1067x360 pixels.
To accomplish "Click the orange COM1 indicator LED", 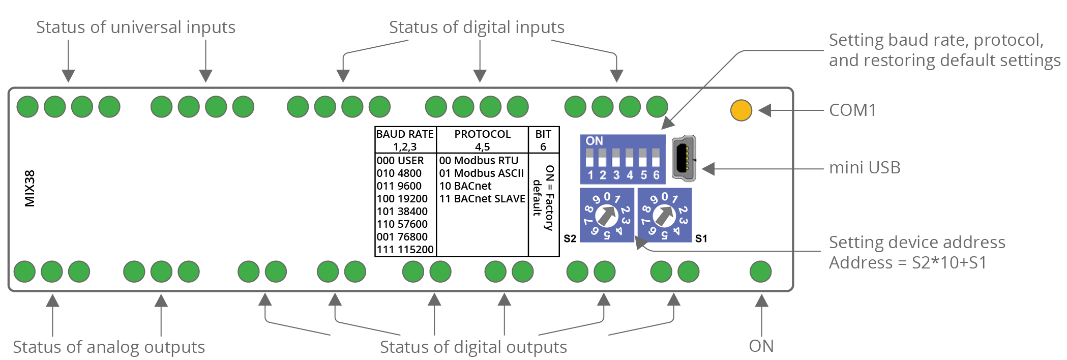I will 741,110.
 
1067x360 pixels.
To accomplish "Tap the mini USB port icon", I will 684,158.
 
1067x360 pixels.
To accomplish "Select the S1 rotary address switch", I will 664,216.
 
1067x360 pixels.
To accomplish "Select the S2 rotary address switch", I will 607,216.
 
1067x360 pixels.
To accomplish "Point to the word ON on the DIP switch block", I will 594,141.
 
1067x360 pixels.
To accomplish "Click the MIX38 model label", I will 30,188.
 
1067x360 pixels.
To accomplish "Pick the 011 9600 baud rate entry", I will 399,186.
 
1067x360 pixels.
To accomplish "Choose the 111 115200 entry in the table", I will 405,250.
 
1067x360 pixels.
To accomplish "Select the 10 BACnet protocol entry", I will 465,186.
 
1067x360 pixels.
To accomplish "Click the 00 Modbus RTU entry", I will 479,161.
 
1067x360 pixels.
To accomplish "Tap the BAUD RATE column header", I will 405,134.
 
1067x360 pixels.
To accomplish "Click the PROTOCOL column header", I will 482,134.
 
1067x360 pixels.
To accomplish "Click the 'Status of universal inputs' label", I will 136,27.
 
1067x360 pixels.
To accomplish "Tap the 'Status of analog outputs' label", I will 109,347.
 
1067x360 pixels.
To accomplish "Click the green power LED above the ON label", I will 760,272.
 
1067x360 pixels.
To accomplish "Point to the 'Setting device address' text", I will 916,242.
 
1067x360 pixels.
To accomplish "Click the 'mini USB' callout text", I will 865,167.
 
